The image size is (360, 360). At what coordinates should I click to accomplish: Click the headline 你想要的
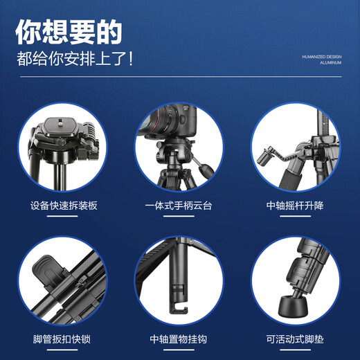pyautogui.click(x=69, y=31)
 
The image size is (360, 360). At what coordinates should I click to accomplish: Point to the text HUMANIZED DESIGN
pyautogui.click(x=322, y=57)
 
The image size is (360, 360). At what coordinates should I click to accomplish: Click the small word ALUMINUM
pyautogui.click(x=331, y=63)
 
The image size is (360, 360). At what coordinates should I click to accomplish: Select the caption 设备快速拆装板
pyautogui.click(x=62, y=206)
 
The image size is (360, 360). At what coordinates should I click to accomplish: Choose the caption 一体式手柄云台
pyautogui.click(x=179, y=206)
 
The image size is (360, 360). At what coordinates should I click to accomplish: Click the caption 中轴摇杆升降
pyautogui.click(x=295, y=206)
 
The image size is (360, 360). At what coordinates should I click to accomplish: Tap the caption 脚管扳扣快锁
pyautogui.click(x=62, y=339)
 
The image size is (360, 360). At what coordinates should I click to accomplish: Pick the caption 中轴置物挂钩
pyautogui.click(x=179, y=339)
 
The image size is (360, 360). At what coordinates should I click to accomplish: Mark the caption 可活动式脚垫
pyautogui.click(x=295, y=339)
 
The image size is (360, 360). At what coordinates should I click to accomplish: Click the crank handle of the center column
pyautogui.click(x=271, y=156)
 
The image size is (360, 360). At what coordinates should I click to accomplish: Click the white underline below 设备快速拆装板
pyautogui.click(x=62, y=216)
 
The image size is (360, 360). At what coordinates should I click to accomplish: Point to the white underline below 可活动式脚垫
pyautogui.click(x=295, y=350)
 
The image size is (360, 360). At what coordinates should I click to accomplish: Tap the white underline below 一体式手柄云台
pyautogui.click(x=179, y=216)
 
